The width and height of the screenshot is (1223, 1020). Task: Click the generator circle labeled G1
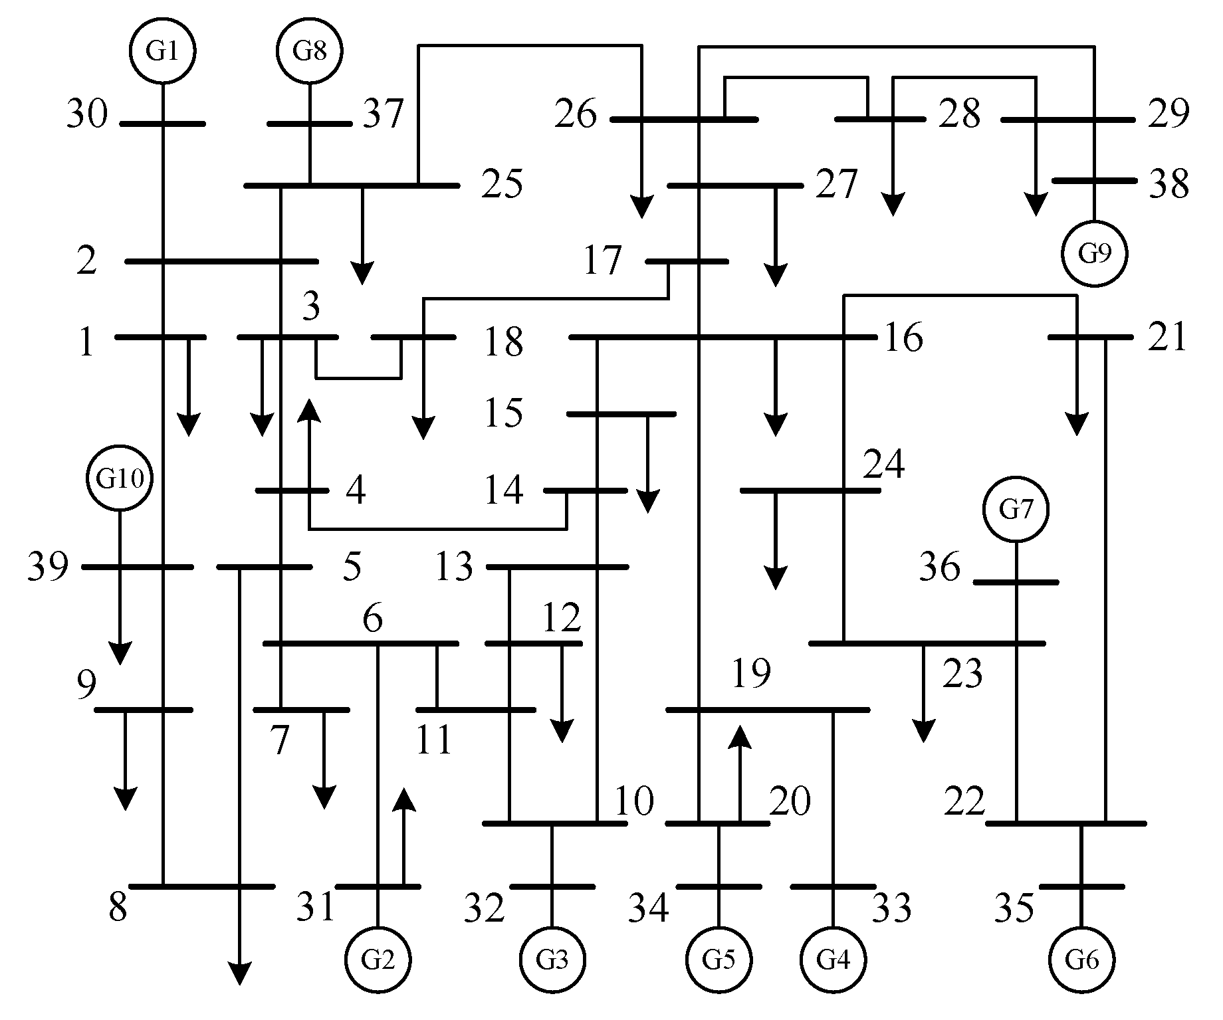click(163, 51)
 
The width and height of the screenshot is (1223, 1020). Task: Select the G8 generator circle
click(310, 51)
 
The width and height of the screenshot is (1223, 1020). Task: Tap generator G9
click(1094, 253)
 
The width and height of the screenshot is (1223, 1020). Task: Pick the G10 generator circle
click(120, 478)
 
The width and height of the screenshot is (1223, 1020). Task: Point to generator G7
click(1016, 510)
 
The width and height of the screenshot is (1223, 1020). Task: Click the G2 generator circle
click(378, 960)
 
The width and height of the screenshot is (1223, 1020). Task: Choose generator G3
click(552, 960)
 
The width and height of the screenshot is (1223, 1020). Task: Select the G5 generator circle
click(718, 960)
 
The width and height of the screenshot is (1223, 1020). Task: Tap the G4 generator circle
click(833, 960)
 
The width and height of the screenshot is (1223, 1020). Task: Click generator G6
click(1081, 960)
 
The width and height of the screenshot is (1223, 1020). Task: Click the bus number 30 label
click(86, 114)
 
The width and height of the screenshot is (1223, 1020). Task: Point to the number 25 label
click(502, 184)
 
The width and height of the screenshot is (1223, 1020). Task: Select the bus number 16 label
click(903, 338)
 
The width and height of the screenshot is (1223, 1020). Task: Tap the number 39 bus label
click(47, 567)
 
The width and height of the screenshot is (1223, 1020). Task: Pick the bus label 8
click(118, 907)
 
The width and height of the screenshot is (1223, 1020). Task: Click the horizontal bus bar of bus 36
click(1016, 582)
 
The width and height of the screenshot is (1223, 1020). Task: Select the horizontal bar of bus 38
click(1094, 181)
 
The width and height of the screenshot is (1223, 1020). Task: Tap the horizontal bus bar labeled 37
click(310, 124)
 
